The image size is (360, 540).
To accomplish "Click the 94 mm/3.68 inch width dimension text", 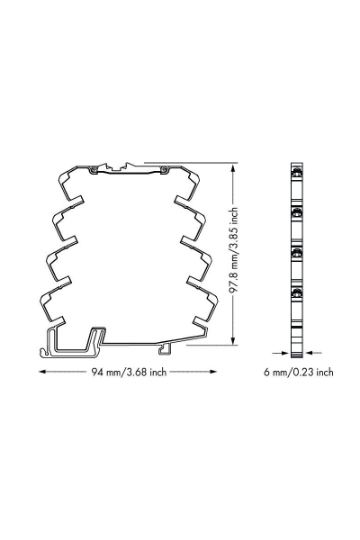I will [130, 372].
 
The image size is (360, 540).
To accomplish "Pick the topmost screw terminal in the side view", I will [295, 173].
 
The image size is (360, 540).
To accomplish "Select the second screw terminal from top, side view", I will [295, 212].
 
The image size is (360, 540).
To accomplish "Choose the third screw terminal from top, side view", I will [295, 253].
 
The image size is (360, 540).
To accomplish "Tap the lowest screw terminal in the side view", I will [295, 293].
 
